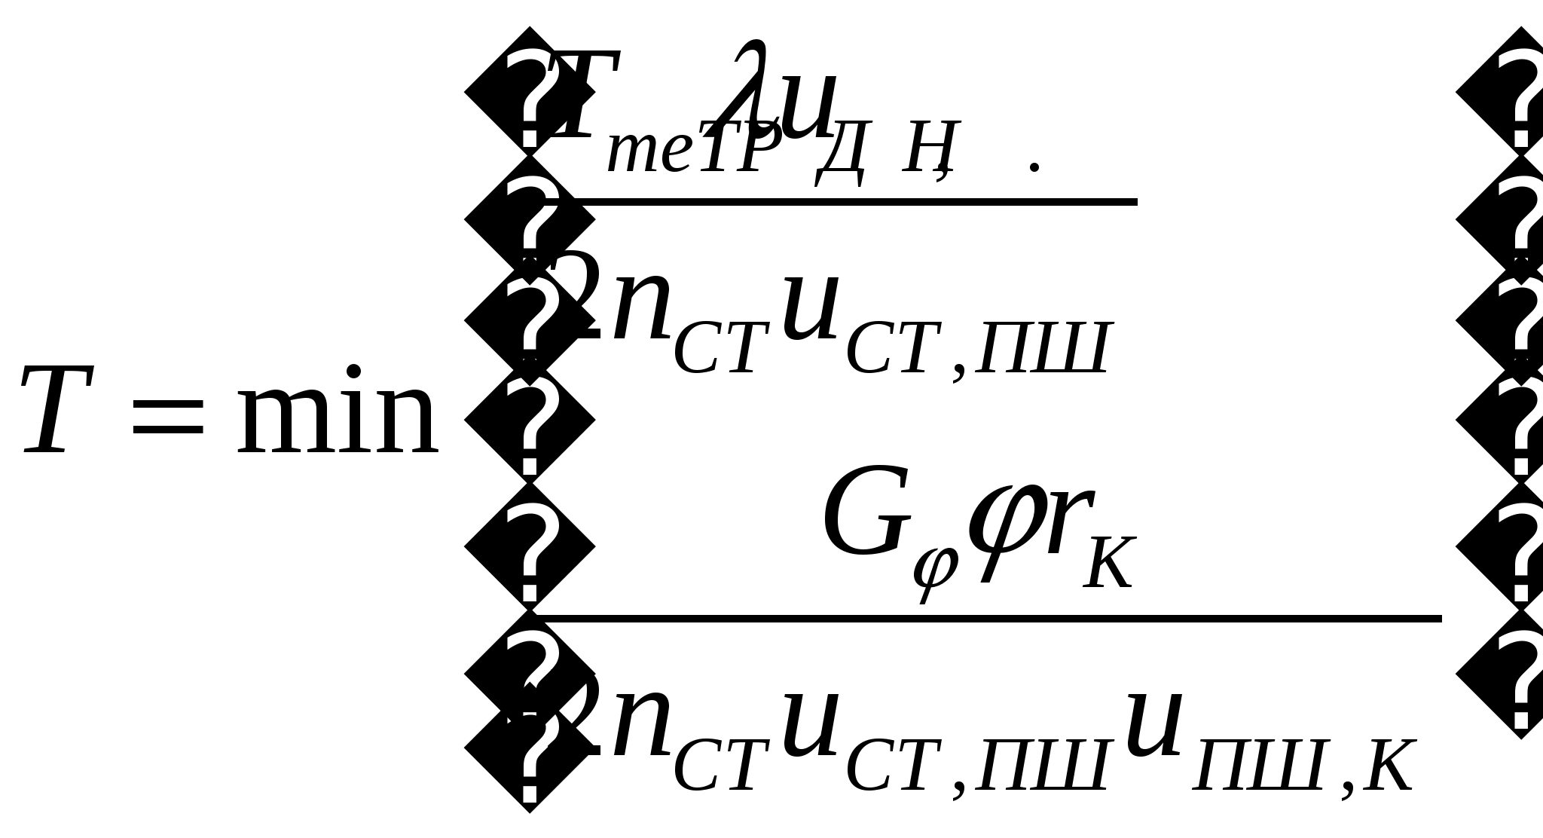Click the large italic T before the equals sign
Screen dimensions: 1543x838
point(57,411)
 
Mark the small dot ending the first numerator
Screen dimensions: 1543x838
point(1035,166)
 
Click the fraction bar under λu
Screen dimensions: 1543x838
point(851,202)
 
